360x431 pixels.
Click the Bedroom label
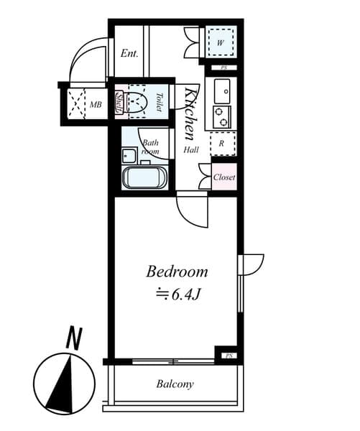click(x=177, y=272)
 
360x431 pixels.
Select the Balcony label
click(x=175, y=384)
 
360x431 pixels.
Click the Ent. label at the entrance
click(x=129, y=53)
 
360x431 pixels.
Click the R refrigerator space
click(x=221, y=143)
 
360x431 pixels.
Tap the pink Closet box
click(x=224, y=177)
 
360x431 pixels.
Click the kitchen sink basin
click(x=222, y=91)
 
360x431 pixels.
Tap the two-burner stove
click(x=221, y=116)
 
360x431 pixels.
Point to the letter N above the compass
click(x=72, y=338)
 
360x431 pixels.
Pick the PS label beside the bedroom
click(x=228, y=356)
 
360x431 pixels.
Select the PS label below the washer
click(x=223, y=68)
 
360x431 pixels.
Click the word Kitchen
click(x=191, y=113)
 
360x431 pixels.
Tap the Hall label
click(x=191, y=150)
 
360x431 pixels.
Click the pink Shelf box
click(x=120, y=102)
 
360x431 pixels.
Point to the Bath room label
click(x=149, y=147)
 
